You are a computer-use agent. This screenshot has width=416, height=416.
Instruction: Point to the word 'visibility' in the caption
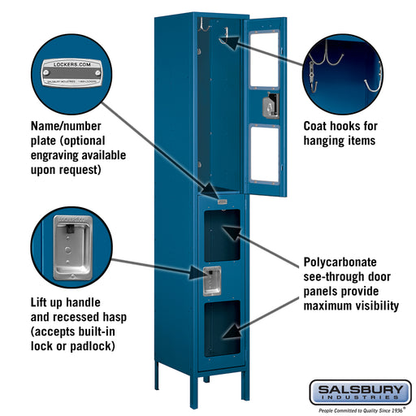pos(371,306)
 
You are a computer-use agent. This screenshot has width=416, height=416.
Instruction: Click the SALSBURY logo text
pos(359,390)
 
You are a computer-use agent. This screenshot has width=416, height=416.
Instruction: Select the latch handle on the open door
pos(271,104)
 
